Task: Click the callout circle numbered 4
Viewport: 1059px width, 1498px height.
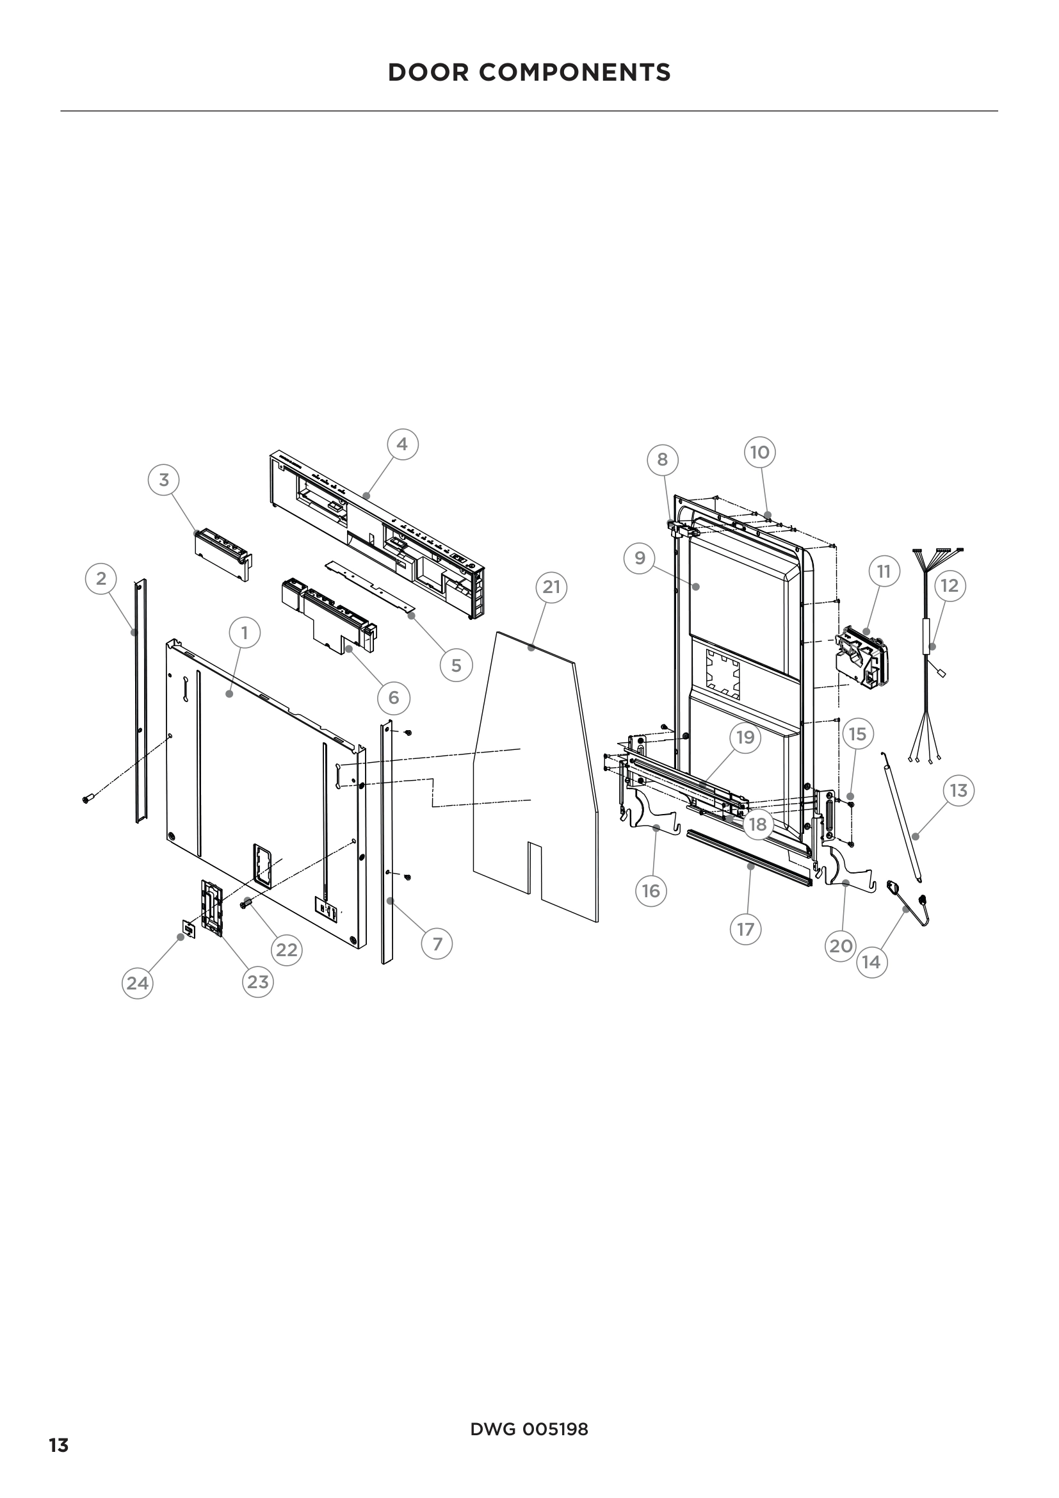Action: pos(402,444)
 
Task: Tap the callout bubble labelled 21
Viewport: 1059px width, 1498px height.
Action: pos(552,587)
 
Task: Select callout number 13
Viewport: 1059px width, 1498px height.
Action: pos(958,791)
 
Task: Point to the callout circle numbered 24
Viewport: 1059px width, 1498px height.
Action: pos(137,983)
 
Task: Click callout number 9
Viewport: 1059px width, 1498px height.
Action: pos(640,558)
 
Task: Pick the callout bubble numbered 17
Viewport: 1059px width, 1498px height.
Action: pos(745,929)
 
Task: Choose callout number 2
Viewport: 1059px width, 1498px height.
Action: pos(101,579)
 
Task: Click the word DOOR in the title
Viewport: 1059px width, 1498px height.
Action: pos(428,72)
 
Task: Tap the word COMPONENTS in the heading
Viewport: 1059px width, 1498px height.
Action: pos(574,72)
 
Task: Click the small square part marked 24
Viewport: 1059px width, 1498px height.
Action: pos(189,927)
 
